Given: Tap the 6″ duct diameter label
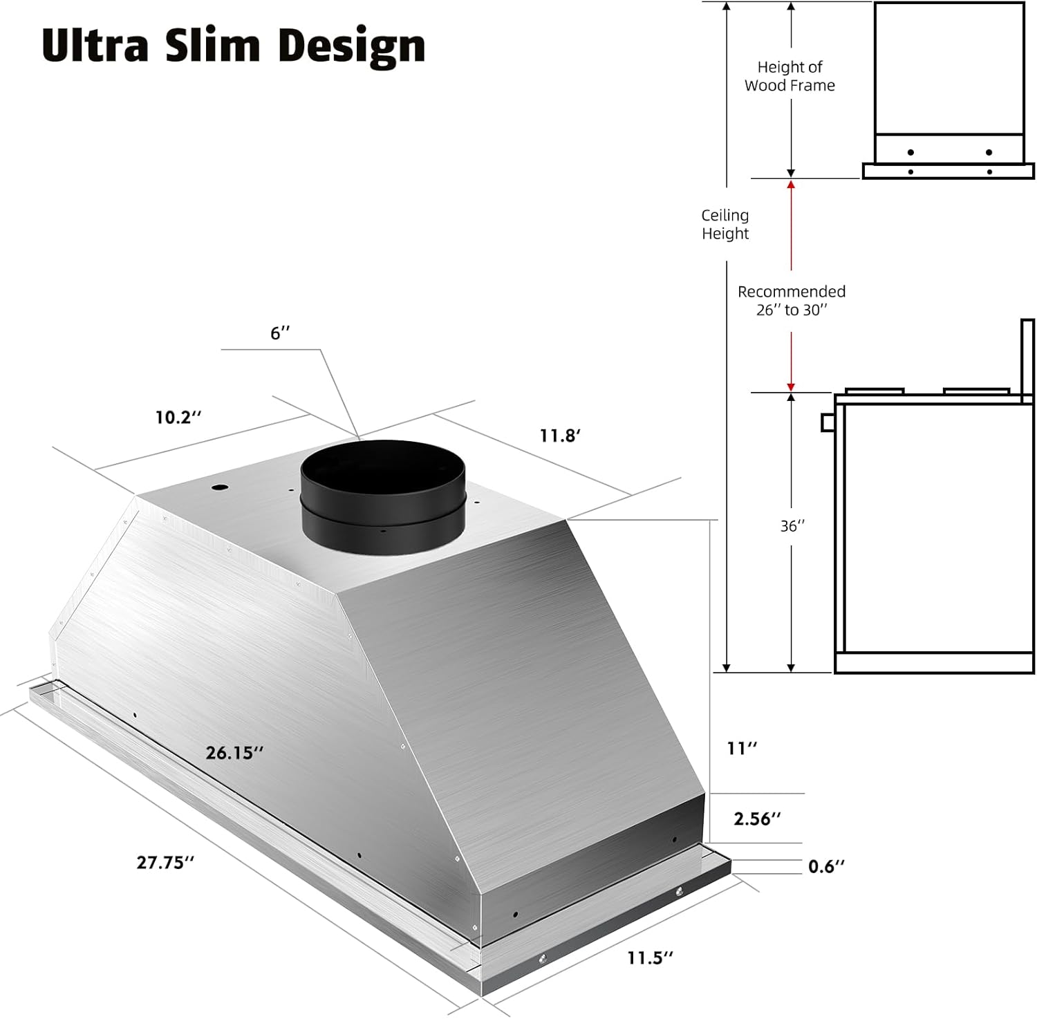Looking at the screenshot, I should tap(280, 333).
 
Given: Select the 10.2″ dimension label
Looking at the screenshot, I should tap(178, 418).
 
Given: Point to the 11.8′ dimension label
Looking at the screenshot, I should tap(560, 436).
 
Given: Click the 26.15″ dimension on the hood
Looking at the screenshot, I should tap(234, 753).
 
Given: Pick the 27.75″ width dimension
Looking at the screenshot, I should tap(165, 862).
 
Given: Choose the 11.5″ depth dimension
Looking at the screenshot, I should tap(650, 957).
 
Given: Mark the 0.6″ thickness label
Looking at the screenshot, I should tap(826, 866).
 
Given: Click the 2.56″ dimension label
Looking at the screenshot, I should tap(757, 819).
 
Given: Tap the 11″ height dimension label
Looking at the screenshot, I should tap(742, 748).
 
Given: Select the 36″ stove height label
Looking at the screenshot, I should tap(792, 526).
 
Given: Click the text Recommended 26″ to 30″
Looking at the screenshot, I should tap(792, 301).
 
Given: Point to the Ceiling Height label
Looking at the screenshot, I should tap(725, 225).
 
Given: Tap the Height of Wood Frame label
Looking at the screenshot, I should tap(790, 76).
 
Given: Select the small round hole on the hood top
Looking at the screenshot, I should tap(219, 488).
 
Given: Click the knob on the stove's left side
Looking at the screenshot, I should tap(828, 422).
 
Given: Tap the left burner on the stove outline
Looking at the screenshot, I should tap(875, 391).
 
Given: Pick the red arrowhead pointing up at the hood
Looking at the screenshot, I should tap(791, 185).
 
